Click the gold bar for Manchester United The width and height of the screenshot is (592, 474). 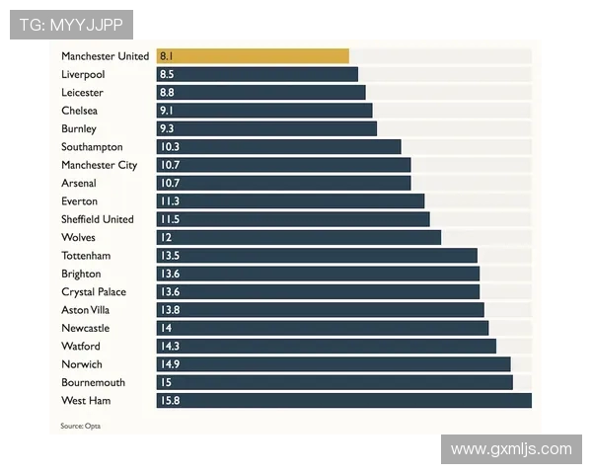tap(253, 56)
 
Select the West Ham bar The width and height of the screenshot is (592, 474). tap(343, 400)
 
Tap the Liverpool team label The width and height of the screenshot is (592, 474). tap(83, 74)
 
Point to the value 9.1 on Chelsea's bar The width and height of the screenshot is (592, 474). tap(167, 111)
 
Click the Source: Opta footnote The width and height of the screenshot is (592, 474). tap(81, 426)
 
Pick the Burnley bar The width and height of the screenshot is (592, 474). tap(266, 128)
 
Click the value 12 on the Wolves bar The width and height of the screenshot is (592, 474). tap(166, 237)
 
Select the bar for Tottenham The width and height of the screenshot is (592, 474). tap(317, 255)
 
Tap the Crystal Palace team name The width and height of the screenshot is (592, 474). tap(94, 291)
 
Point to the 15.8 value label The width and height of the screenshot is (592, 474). tap(170, 400)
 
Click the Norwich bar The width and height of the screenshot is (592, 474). tap(333, 364)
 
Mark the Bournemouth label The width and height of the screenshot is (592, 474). tap(93, 382)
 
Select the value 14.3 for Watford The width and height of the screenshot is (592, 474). tap(170, 346)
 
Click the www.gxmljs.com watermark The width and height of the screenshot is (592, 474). tap(511, 449)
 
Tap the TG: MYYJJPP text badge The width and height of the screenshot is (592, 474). tap(71, 25)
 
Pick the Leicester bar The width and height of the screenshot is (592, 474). tap(260, 92)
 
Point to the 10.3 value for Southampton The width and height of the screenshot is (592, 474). tap(170, 146)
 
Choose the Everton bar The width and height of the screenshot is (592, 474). tap(290, 200)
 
